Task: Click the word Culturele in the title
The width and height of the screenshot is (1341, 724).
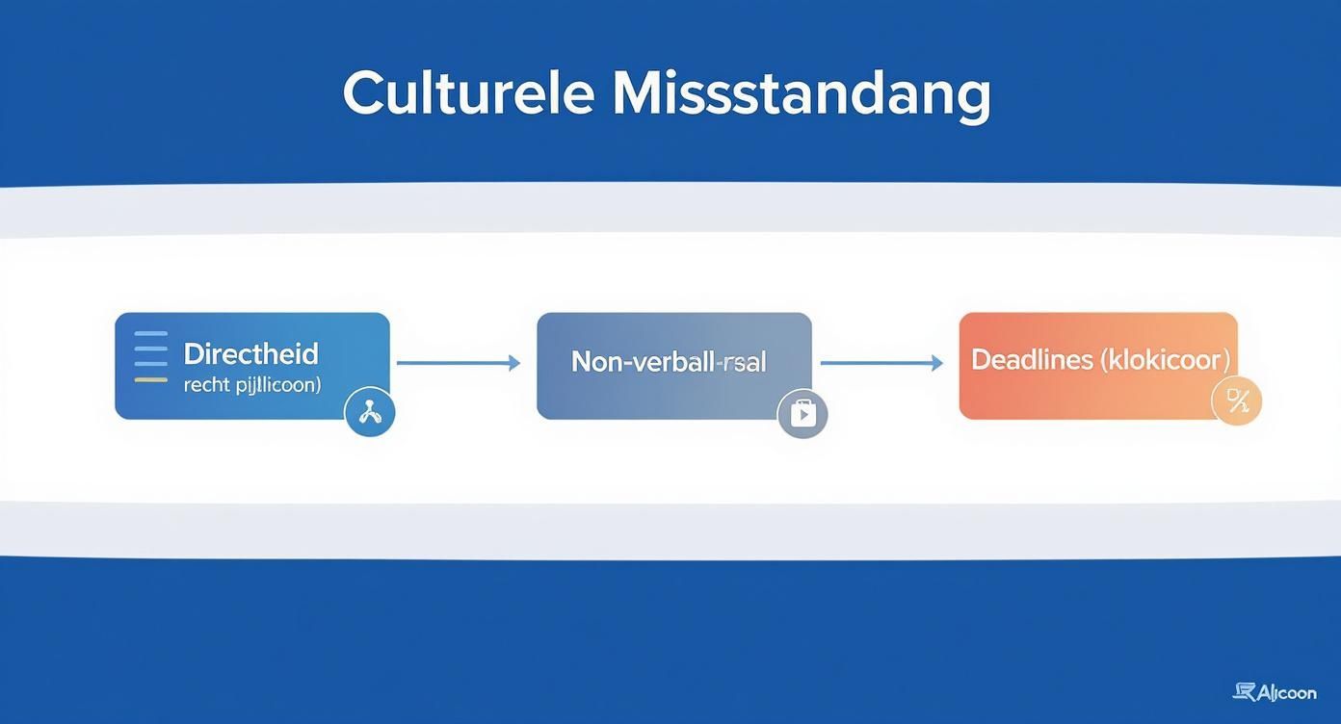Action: (x=467, y=93)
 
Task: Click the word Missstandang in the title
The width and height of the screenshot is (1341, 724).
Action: (x=801, y=95)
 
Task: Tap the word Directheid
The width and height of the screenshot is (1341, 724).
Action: (x=250, y=353)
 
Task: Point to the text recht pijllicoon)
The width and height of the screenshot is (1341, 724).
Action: (x=252, y=384)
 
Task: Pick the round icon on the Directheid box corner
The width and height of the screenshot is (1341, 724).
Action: (x=370, y=412)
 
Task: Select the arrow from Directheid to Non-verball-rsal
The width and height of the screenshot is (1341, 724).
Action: (x=458, y=363)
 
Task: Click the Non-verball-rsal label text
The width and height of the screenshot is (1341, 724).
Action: (x=669, y=362)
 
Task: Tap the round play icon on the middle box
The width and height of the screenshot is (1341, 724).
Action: (x=802, y=413)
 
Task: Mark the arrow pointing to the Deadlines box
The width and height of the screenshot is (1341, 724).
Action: (x=881, y=363)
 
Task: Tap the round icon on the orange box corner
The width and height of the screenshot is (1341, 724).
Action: (x=1236, y=401)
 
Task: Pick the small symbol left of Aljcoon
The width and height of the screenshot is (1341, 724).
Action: (x=1245, y=691)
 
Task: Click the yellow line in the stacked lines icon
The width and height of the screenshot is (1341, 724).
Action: (x=151, y=380)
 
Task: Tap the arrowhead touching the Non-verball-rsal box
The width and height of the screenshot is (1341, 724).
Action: (x=514, y=363)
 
